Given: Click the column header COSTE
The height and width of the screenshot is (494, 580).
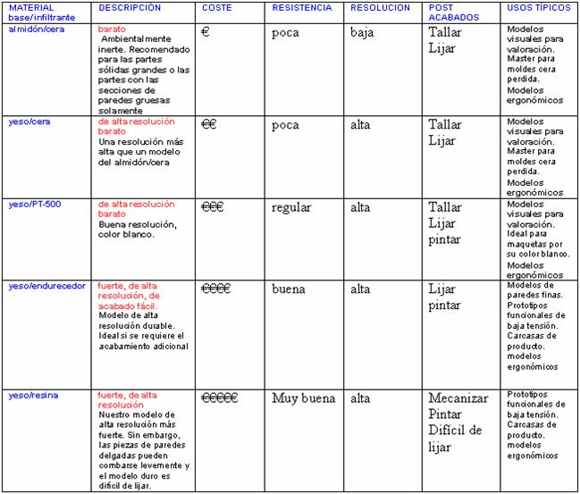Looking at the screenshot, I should [217, 7].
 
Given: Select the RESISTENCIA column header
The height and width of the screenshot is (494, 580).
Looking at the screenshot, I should [302, 7].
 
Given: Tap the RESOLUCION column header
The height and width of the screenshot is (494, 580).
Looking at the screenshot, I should [381, 7].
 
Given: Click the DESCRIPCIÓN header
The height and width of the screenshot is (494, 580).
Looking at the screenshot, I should [130, 7].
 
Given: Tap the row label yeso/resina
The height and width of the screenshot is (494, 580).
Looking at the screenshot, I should [31, 394].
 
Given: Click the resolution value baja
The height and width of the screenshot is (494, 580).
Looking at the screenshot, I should [363, 33].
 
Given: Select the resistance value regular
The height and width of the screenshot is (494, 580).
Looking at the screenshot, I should [291, 207].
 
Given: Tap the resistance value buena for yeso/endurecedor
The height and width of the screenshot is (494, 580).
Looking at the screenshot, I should [289, 289].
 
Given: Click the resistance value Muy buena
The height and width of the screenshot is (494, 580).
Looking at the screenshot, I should [301, 398].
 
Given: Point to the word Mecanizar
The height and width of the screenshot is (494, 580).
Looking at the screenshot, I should [459, 398].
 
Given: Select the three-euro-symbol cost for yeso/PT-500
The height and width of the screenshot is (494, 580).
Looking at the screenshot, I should [213, 207].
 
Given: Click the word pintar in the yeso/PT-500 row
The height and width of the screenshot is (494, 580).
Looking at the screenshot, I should [445, 239].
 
